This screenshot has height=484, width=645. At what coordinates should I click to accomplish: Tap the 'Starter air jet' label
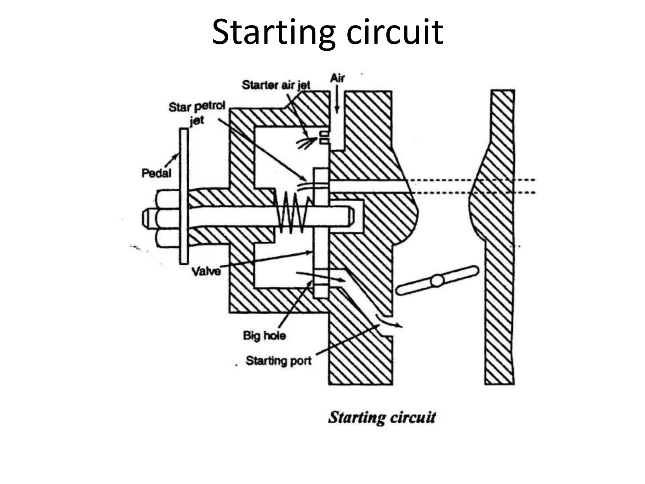point(276,85)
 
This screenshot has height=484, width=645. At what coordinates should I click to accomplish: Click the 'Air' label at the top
point(337,78)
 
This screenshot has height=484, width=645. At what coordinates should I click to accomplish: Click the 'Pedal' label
point(156,173)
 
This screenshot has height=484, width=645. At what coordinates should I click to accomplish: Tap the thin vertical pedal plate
point(184,195)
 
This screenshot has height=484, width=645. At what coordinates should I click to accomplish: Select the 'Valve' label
point(206,271)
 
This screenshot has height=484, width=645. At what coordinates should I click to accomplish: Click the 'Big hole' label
point(264,336)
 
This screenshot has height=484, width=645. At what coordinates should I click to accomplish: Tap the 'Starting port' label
point(278,360)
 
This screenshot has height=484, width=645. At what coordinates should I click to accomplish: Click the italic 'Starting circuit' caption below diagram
point(382,417)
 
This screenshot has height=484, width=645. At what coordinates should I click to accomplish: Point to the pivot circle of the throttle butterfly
point(437,280)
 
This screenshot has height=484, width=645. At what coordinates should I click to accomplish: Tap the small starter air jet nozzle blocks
point(324,138)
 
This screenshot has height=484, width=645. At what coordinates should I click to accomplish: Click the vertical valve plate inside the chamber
point(321,233)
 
